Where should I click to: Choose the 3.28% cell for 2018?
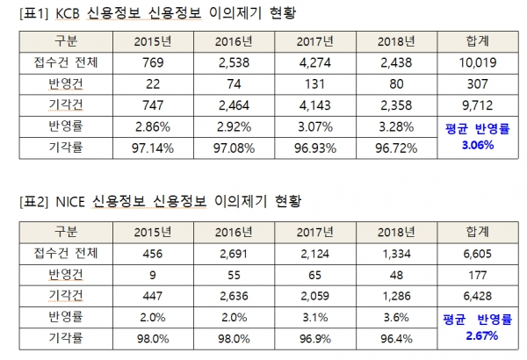pyautogui.click(x=398, y=126)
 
